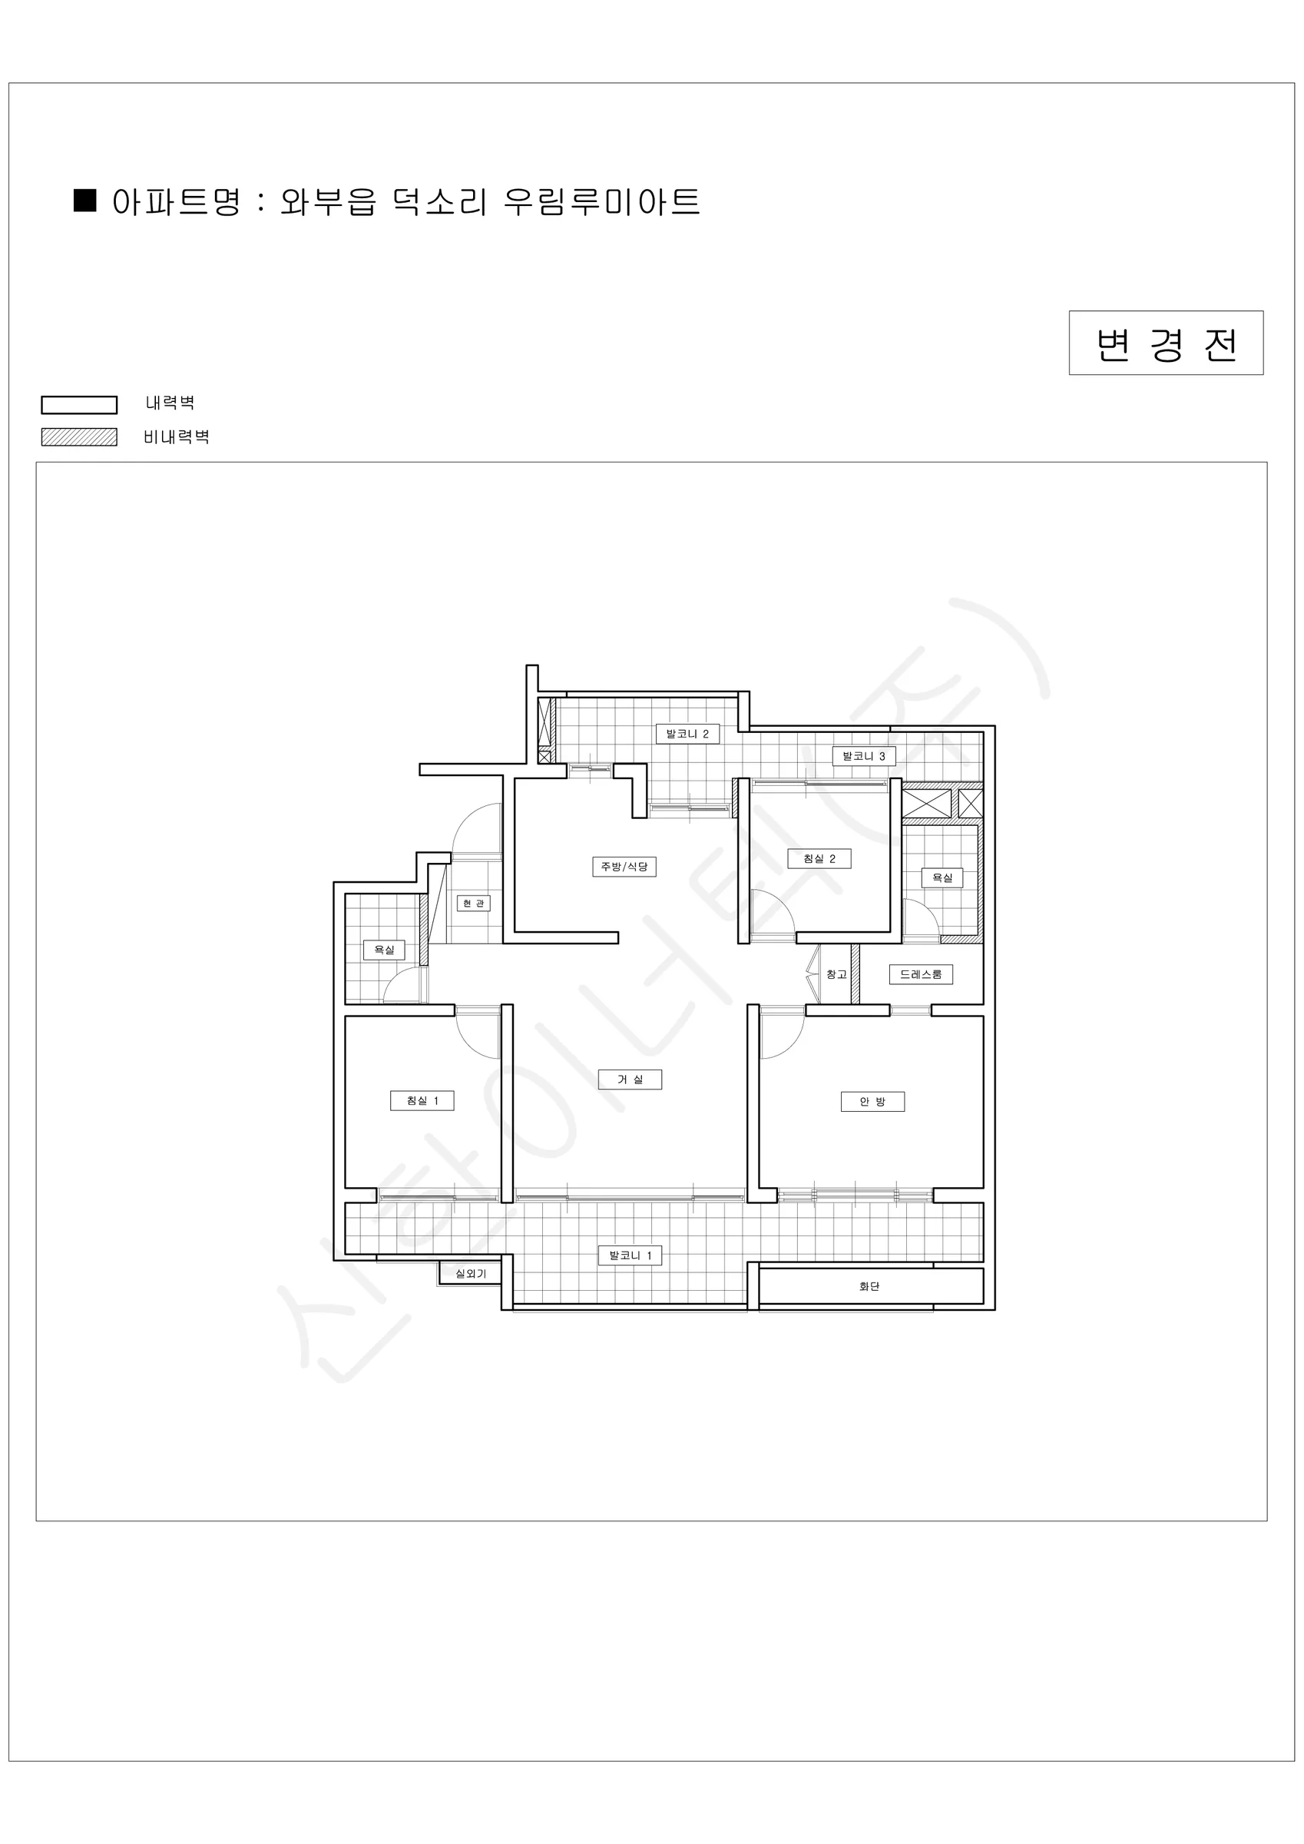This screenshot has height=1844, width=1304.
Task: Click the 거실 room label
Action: pos(630,1080)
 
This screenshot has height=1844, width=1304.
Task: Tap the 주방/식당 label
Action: pos(624,867)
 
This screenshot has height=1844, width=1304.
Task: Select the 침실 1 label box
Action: pos(422,1100)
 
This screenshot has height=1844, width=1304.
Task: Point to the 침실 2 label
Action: pos(819,858)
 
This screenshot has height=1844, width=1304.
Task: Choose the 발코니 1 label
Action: pos(630,1255)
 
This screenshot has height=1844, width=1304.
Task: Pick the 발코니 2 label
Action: pos(687,733)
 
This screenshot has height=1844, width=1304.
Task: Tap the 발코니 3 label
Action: pos(863,756)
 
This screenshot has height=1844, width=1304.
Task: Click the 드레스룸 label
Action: pos(920,974)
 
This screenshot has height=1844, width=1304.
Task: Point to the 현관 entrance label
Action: pos(473,904)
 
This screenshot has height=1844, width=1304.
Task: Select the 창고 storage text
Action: pos(836,974)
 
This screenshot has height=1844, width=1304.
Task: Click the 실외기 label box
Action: pos(471,1274)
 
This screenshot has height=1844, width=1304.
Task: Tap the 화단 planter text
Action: pos(869,1286)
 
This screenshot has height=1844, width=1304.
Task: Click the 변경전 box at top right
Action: pos(1166,343)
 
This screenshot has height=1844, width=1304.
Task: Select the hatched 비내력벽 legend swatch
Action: pos(78,437)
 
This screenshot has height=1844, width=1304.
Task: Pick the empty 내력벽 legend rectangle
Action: pos(78,404)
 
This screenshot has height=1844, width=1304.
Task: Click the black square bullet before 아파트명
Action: pos(84,200)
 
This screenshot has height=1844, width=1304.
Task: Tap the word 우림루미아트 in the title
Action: pos(601,201)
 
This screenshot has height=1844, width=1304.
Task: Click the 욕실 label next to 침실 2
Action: pos(942,878)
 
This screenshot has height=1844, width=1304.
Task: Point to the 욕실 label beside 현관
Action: pos(384,950)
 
